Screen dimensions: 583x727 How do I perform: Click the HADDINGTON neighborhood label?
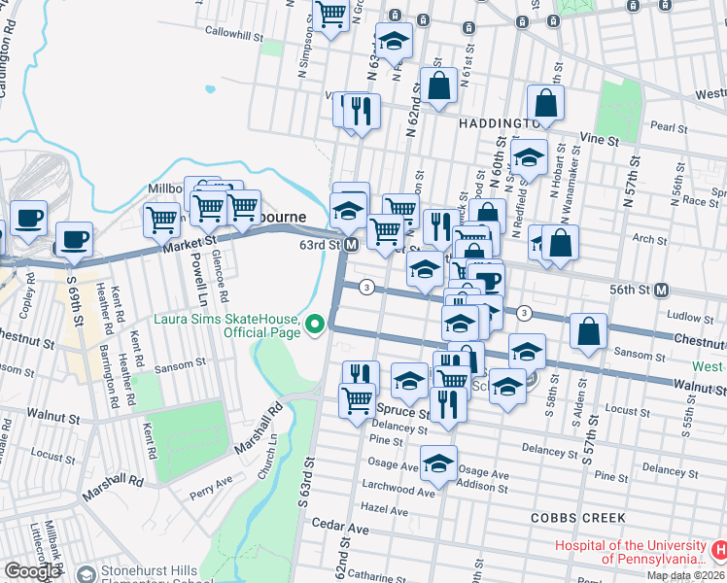pos(490,124)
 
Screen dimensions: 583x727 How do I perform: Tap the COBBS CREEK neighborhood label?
pos(578,518)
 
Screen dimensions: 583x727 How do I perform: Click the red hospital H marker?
pos(718,551)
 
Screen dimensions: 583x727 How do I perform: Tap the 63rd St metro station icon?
pos(351,245)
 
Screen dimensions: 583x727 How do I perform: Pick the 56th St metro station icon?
pos(662,290)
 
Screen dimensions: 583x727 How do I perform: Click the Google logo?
pos(32,571)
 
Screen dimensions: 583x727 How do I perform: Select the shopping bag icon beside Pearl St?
pos(546,106)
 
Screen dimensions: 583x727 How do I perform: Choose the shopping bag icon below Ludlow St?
pos(588,333)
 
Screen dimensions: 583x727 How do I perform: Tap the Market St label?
pos(189,242)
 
